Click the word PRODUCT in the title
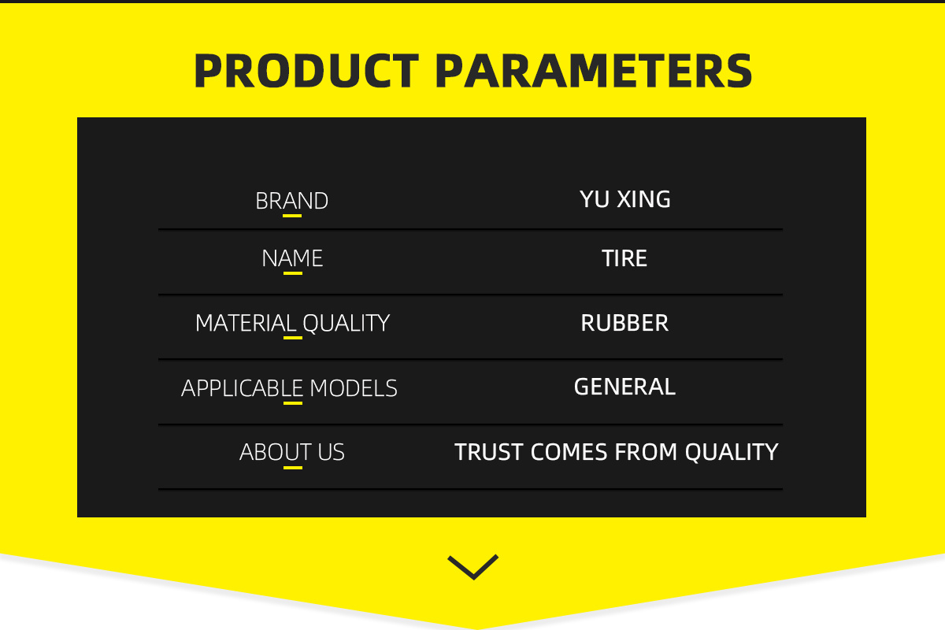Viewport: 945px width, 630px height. (306, 71)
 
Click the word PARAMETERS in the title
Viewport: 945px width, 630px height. (594, 71)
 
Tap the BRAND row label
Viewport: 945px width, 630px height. (291, 201)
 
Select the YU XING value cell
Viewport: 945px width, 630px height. (624, 199)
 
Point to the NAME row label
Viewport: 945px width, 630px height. (292, 258)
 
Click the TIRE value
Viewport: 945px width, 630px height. (624, 258)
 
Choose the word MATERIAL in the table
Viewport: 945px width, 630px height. (246, 323)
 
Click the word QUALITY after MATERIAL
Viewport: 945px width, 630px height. (346, 324)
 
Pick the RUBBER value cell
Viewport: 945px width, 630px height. (624, 323)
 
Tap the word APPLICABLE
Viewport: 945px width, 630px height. (243, 388)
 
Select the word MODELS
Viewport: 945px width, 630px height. (353, 388)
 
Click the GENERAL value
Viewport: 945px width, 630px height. (624, 387)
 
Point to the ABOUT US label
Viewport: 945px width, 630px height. (292, 452)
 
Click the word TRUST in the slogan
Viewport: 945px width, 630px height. (488, 452)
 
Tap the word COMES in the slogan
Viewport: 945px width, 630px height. (569, 452)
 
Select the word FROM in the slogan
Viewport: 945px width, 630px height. (646, 452)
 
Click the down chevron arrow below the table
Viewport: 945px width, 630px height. (473, 568)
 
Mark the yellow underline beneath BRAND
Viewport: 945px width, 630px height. (292, 216)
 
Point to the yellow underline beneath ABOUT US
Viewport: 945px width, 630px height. (293, 468)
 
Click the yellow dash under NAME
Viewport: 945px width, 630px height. (293, 273)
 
